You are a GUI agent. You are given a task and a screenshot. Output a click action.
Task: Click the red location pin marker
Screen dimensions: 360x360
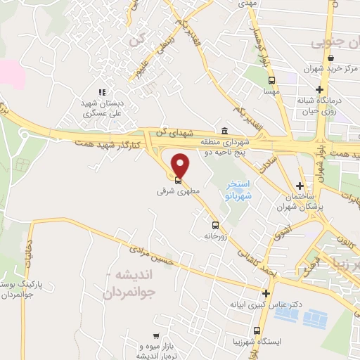click(x=181, y=165)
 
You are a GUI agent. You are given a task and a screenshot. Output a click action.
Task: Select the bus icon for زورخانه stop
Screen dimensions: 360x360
click(x=215, y=226)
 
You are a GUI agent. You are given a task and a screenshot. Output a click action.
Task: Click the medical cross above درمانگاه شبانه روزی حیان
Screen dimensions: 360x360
click(x=321, y=89)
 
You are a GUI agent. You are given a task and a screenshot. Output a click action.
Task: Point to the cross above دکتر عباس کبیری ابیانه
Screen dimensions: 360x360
click(x=266, y=293)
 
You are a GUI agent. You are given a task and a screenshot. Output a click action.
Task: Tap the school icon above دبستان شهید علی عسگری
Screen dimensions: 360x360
click(x=102, y=91)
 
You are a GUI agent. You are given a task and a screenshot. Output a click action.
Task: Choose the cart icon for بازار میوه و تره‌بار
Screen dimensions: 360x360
click(x=155, y=337)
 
